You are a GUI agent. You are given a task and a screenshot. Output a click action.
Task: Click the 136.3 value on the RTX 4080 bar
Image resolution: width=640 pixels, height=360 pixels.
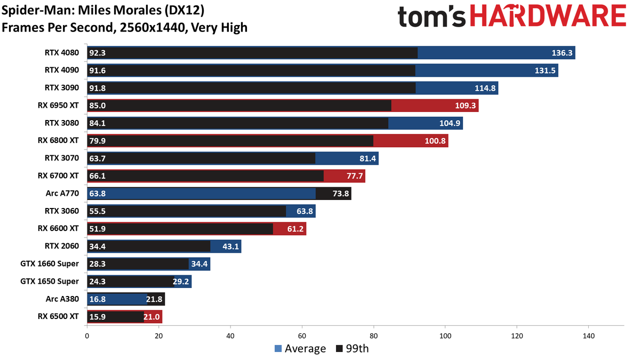click(563, 53)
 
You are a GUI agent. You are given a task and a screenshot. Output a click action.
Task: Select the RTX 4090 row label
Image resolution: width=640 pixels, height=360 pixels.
click(62, 70)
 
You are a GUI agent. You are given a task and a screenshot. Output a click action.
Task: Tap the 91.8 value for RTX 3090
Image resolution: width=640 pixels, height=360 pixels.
click(98, 88)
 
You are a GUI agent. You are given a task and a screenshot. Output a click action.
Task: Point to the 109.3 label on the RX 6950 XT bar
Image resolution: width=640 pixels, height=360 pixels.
click(466, 106)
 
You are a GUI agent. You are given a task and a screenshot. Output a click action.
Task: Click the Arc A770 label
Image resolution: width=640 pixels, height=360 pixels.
click(63, 193)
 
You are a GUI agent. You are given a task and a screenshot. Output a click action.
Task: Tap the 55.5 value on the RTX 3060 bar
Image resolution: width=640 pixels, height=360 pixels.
click(98, 211)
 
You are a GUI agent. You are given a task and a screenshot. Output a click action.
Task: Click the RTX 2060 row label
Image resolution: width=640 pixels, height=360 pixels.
click(62, 246)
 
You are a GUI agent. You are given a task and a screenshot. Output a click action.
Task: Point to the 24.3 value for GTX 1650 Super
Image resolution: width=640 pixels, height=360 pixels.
click(98, 282)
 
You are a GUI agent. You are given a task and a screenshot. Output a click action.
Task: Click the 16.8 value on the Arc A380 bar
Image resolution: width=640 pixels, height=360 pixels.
click(98, 299)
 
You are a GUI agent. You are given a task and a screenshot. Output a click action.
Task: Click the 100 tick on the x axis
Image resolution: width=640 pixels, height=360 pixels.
click(445, 336)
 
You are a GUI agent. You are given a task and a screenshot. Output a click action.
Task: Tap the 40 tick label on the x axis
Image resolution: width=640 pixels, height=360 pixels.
click(230, 336)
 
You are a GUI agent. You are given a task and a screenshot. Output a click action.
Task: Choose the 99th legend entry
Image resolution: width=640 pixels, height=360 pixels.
click(353, 349)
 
